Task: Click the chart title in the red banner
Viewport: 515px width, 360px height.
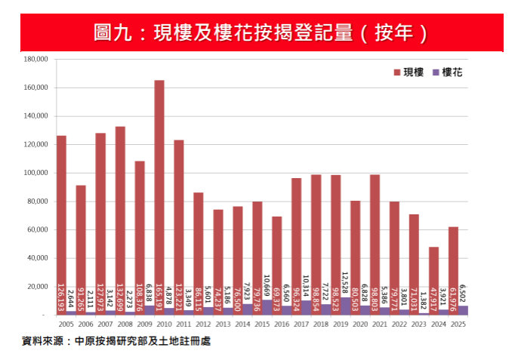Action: point(258,33)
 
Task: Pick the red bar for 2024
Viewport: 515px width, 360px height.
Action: point(434,279)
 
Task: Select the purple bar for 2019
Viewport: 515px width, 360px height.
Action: point(345,306)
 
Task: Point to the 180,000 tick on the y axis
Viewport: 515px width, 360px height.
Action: point(36,59)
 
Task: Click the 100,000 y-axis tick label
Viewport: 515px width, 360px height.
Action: point(36,173)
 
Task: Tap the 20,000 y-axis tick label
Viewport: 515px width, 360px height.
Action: point(38,287)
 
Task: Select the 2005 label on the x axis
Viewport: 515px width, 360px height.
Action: point(66,324)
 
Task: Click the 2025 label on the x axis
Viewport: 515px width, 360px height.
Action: point(458,324)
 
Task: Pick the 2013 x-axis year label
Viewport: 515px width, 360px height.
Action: point(223,324)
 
